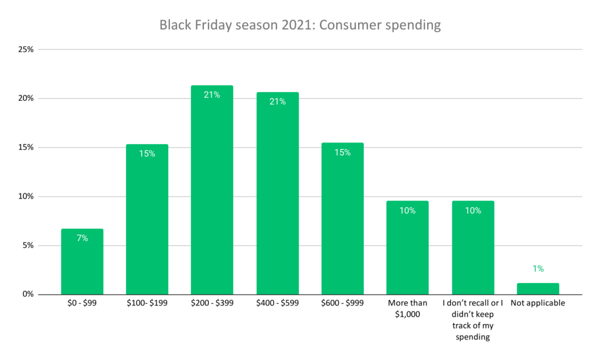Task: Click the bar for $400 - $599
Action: click(x=277, y=193)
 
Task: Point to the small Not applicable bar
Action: click(x=538, y=288)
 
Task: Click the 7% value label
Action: click(x=82, y=238)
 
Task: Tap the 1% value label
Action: click(x=538, y=269)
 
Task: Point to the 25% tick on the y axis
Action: click(x=26, y=49)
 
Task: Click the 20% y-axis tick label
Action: click(x=26, y=99)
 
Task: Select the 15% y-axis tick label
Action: click(x=26, y=147)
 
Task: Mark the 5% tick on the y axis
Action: click(x=28, y=245)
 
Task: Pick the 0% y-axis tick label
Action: click(x=28, y=294)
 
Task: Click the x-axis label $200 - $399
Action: click(x=212, y=304)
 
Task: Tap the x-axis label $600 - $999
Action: click(x=342, y=304)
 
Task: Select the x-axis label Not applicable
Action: click(x=538, y=304)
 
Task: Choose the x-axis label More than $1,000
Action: click(x=407, y=309)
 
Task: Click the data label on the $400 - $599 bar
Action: click(x=277, y=101)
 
